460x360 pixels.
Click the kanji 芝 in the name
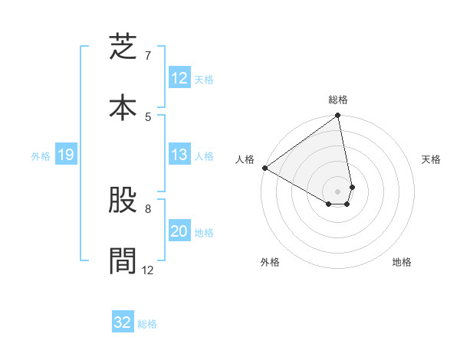tap(123, 49)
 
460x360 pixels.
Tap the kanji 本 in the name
tap(123, 106)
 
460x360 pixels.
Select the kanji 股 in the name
tap(123, 202)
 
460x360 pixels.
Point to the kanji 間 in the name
tap(123, 259)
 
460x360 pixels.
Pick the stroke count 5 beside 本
tap(148, 116)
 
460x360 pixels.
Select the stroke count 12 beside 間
tap(148, 270)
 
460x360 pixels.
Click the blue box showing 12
tap(179, 78)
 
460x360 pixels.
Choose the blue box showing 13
tap(179, 155)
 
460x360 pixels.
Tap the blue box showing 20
tap(179, 231)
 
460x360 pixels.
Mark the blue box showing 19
tap(65, 155)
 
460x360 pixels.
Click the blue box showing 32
tap(123, 322)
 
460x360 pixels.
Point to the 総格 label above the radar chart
tap(338, 100)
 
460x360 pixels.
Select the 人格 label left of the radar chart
tap(245, 159)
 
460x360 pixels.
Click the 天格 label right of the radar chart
tap(431, 159)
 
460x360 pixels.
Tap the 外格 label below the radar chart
tap(270, 262)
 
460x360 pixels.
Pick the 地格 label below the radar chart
tap(402, 262)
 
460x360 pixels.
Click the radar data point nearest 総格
tap(338, 116)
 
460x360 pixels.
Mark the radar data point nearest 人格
tap(264, 168)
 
